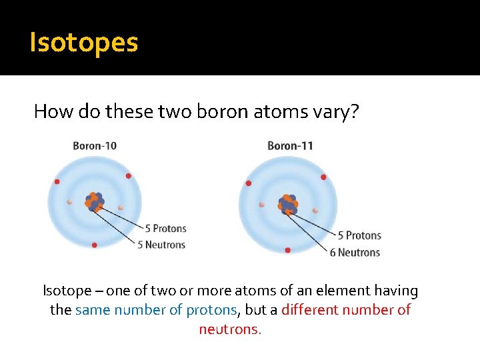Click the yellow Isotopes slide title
click(84, 43)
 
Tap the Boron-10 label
click(95, 145)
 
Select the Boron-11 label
click(290, 145)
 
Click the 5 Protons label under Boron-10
click(161, 229)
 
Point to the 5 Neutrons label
click(161, 245)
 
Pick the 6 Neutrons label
click(355, 252)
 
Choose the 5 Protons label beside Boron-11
click(359, 235)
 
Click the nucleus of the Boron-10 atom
click(93, 202)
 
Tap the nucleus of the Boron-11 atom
click(288, 203)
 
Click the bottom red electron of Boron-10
click(94, 245)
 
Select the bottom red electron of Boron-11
click(287, 250)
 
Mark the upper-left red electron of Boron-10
click(57, 181)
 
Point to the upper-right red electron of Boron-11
click(323, 177)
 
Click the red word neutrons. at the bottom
click(231, 329)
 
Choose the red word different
click(310, 310)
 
